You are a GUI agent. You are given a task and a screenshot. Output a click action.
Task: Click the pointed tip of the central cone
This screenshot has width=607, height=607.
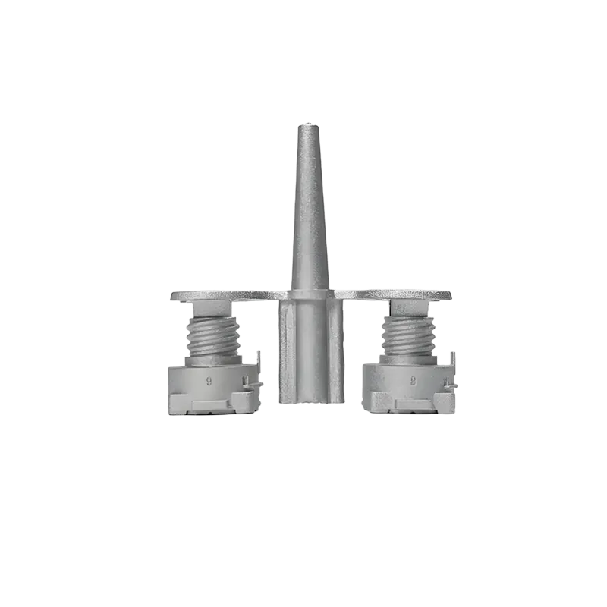point(307,124)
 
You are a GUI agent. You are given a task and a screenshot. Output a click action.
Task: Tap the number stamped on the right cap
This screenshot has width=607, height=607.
point(414,374)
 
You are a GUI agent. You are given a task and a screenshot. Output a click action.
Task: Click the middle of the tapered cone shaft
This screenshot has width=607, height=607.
point(308,212)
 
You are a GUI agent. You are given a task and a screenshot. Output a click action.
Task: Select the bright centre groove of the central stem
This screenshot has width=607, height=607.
point(314,349)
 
